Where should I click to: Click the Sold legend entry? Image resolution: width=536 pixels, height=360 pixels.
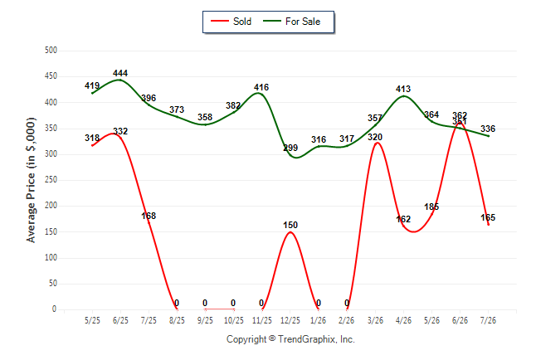(x=231, y=22)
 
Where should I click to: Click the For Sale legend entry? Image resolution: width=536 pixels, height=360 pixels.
(x=291, y=22)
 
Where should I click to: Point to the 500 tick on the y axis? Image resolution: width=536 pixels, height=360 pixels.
(x=51, y=50)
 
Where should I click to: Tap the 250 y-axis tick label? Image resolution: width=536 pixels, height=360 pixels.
(x=51, y=179)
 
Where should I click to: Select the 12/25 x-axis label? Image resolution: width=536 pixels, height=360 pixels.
(x=290, y=320)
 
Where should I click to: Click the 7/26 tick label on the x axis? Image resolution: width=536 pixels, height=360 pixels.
(x=488, y=320)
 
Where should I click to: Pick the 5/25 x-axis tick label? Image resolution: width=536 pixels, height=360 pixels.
(x=92, y=320)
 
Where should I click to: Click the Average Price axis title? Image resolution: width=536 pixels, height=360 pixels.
(x=31, y=180)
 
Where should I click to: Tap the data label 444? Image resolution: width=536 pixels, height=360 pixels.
(x=120, y=73)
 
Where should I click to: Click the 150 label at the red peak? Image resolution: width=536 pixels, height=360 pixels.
(x=290, y=225)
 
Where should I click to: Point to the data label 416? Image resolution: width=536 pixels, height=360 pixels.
(x=261, y=87)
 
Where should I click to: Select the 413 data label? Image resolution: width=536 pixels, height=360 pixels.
(x=403, y=89)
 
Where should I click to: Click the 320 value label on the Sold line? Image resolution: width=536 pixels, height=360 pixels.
(x=375, y=137)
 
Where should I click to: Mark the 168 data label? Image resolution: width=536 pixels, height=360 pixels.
(x=149, y=216)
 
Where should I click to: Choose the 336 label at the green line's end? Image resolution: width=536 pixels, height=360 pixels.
(x=488, y=129)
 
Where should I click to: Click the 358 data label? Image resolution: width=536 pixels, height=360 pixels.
(x=205, y=117)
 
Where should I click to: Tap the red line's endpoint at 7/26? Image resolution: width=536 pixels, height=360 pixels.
(x=489, y=225)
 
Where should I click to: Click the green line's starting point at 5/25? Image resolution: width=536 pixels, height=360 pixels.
(x=92, y=93)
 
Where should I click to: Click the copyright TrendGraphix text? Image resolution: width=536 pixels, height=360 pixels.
(x=290, y=339)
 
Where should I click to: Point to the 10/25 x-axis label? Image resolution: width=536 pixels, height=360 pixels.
(x=234, y=320)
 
